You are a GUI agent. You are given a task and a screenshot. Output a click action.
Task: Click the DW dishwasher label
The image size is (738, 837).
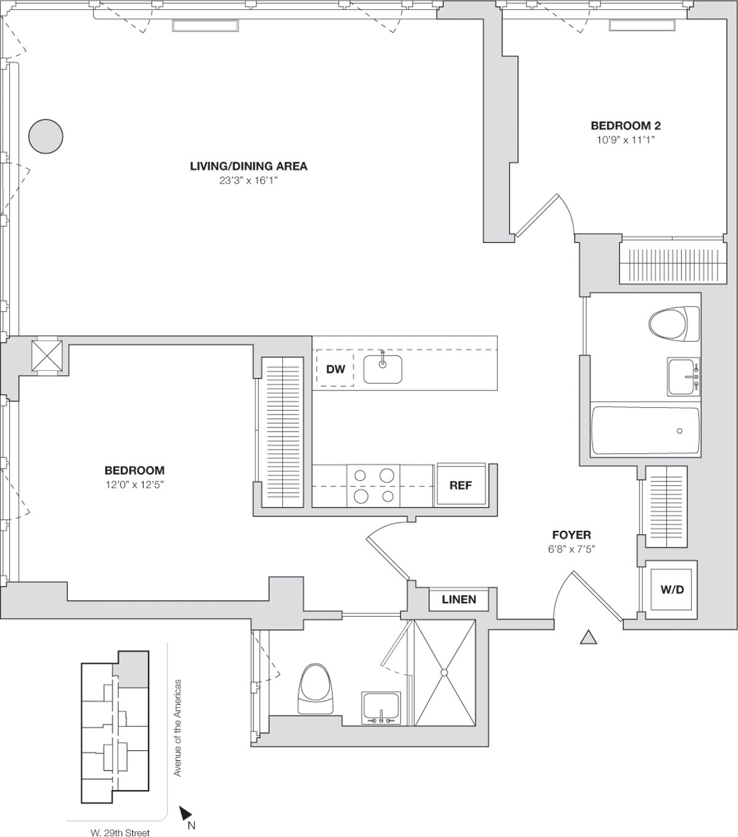(335, 369)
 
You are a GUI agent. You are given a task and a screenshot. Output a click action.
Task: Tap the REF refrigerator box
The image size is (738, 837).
(460, 485)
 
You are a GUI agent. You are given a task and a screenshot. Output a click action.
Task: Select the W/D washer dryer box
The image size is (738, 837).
(672, 589)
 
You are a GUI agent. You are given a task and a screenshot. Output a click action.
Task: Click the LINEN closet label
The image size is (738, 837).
(459, 599)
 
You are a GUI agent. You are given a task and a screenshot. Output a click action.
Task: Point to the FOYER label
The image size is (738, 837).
(571, 535)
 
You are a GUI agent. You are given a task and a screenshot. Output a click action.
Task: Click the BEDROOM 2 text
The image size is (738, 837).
(625, 125)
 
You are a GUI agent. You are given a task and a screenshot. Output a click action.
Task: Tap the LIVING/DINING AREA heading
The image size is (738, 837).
(248, 166)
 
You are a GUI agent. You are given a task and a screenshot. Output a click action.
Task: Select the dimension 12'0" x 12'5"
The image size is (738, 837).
(134, 484)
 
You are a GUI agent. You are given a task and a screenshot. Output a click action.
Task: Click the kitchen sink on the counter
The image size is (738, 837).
(383, 369)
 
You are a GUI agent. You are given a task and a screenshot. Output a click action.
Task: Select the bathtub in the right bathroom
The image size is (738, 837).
(645, 431)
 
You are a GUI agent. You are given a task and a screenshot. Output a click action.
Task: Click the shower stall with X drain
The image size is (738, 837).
(445, 673)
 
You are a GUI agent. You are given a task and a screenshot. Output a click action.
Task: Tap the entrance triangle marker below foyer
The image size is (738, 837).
(589, 638)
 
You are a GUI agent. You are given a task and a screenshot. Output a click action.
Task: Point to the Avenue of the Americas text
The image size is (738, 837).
(178, 728)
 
